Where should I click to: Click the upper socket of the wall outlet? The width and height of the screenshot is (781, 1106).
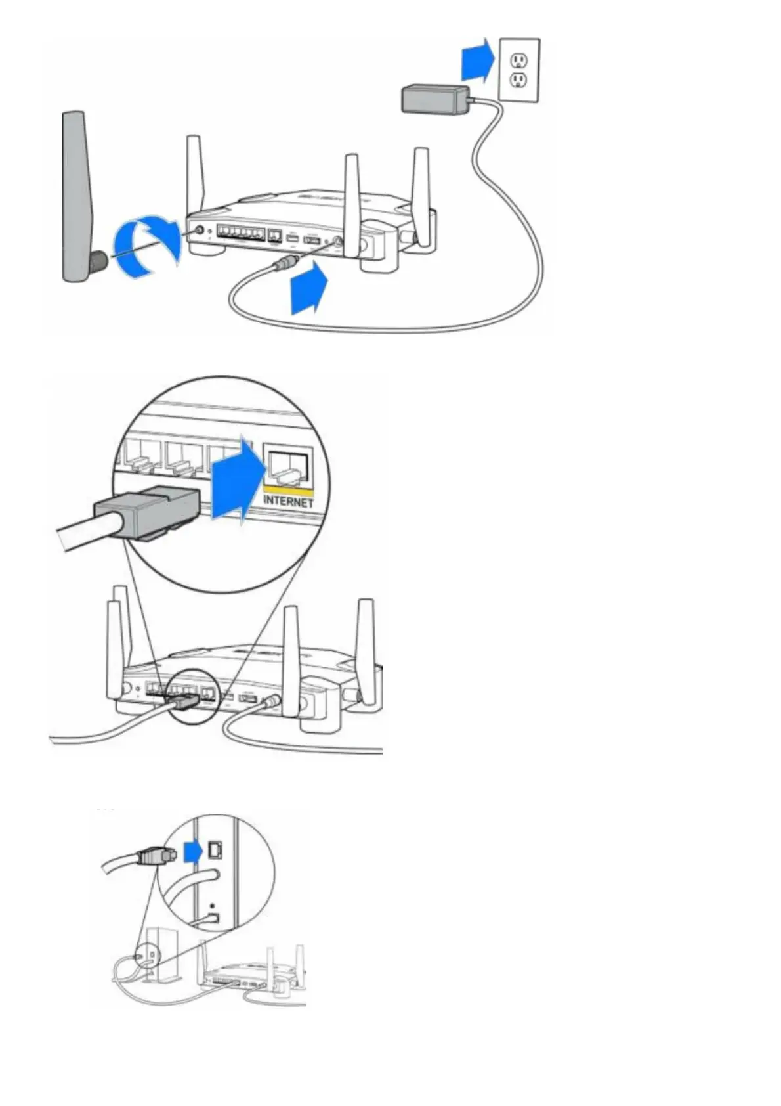518,60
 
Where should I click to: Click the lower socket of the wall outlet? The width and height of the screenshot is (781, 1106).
518,81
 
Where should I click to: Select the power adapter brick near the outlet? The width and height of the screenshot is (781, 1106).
435,100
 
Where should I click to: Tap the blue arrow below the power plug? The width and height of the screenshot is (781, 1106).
308,287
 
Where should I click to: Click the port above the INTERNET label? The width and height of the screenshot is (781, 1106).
287,467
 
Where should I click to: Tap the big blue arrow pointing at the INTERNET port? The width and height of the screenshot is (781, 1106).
236,477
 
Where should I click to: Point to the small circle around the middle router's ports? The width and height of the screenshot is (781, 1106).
191,696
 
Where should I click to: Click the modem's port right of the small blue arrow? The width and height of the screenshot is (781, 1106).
215,849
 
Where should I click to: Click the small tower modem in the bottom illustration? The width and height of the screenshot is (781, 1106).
156,954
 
